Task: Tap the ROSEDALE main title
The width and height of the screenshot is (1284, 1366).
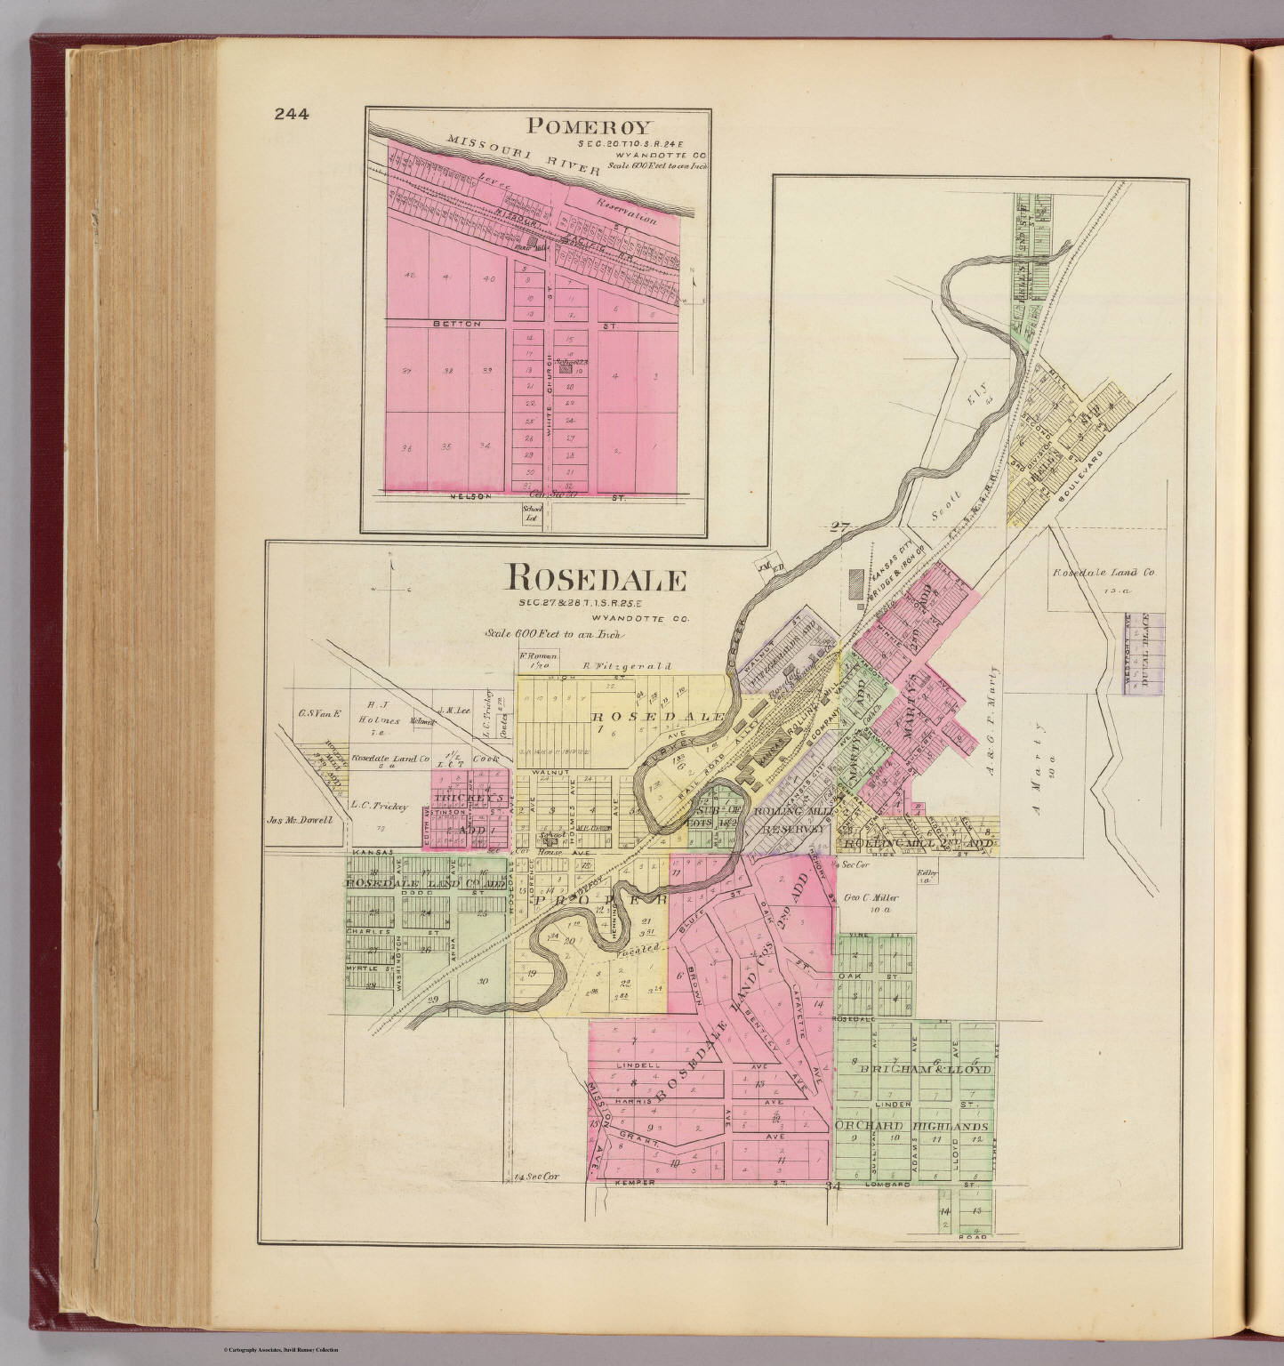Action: [x=596, y=580]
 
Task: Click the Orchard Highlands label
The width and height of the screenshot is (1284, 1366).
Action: [x=912, y=1125]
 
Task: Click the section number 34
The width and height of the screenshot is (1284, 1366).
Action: [x=832, y=1186]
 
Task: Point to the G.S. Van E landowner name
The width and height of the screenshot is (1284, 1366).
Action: [x=313, y=711]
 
